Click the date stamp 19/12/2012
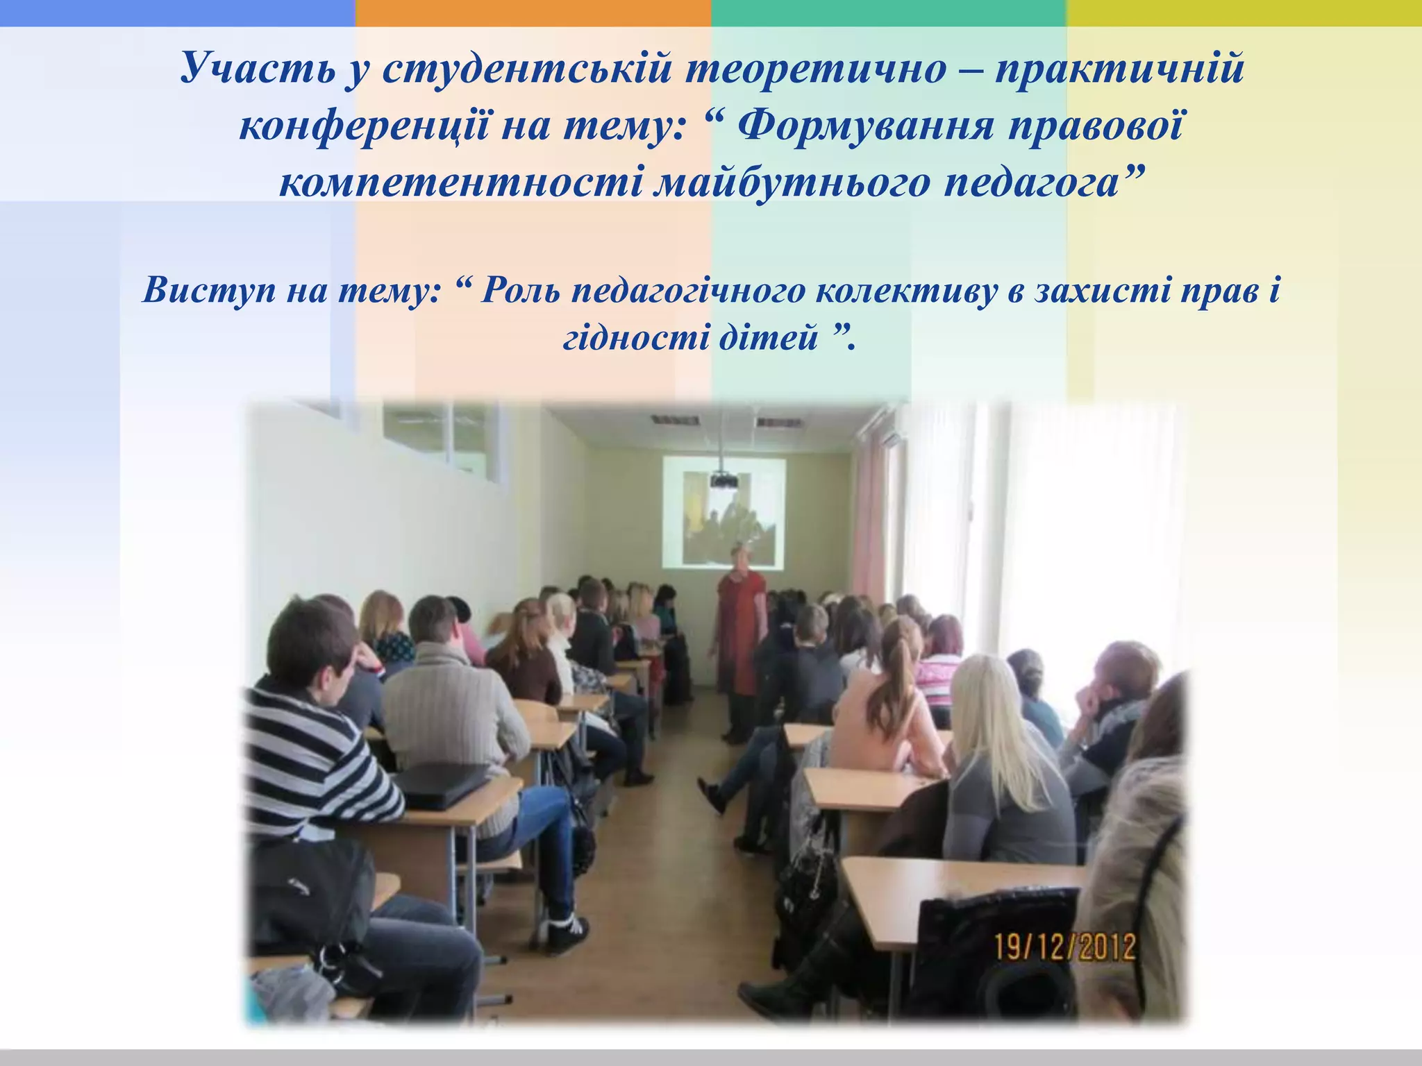pos(1066,947)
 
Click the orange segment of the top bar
pos(533,12)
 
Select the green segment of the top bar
pos(888,12)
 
